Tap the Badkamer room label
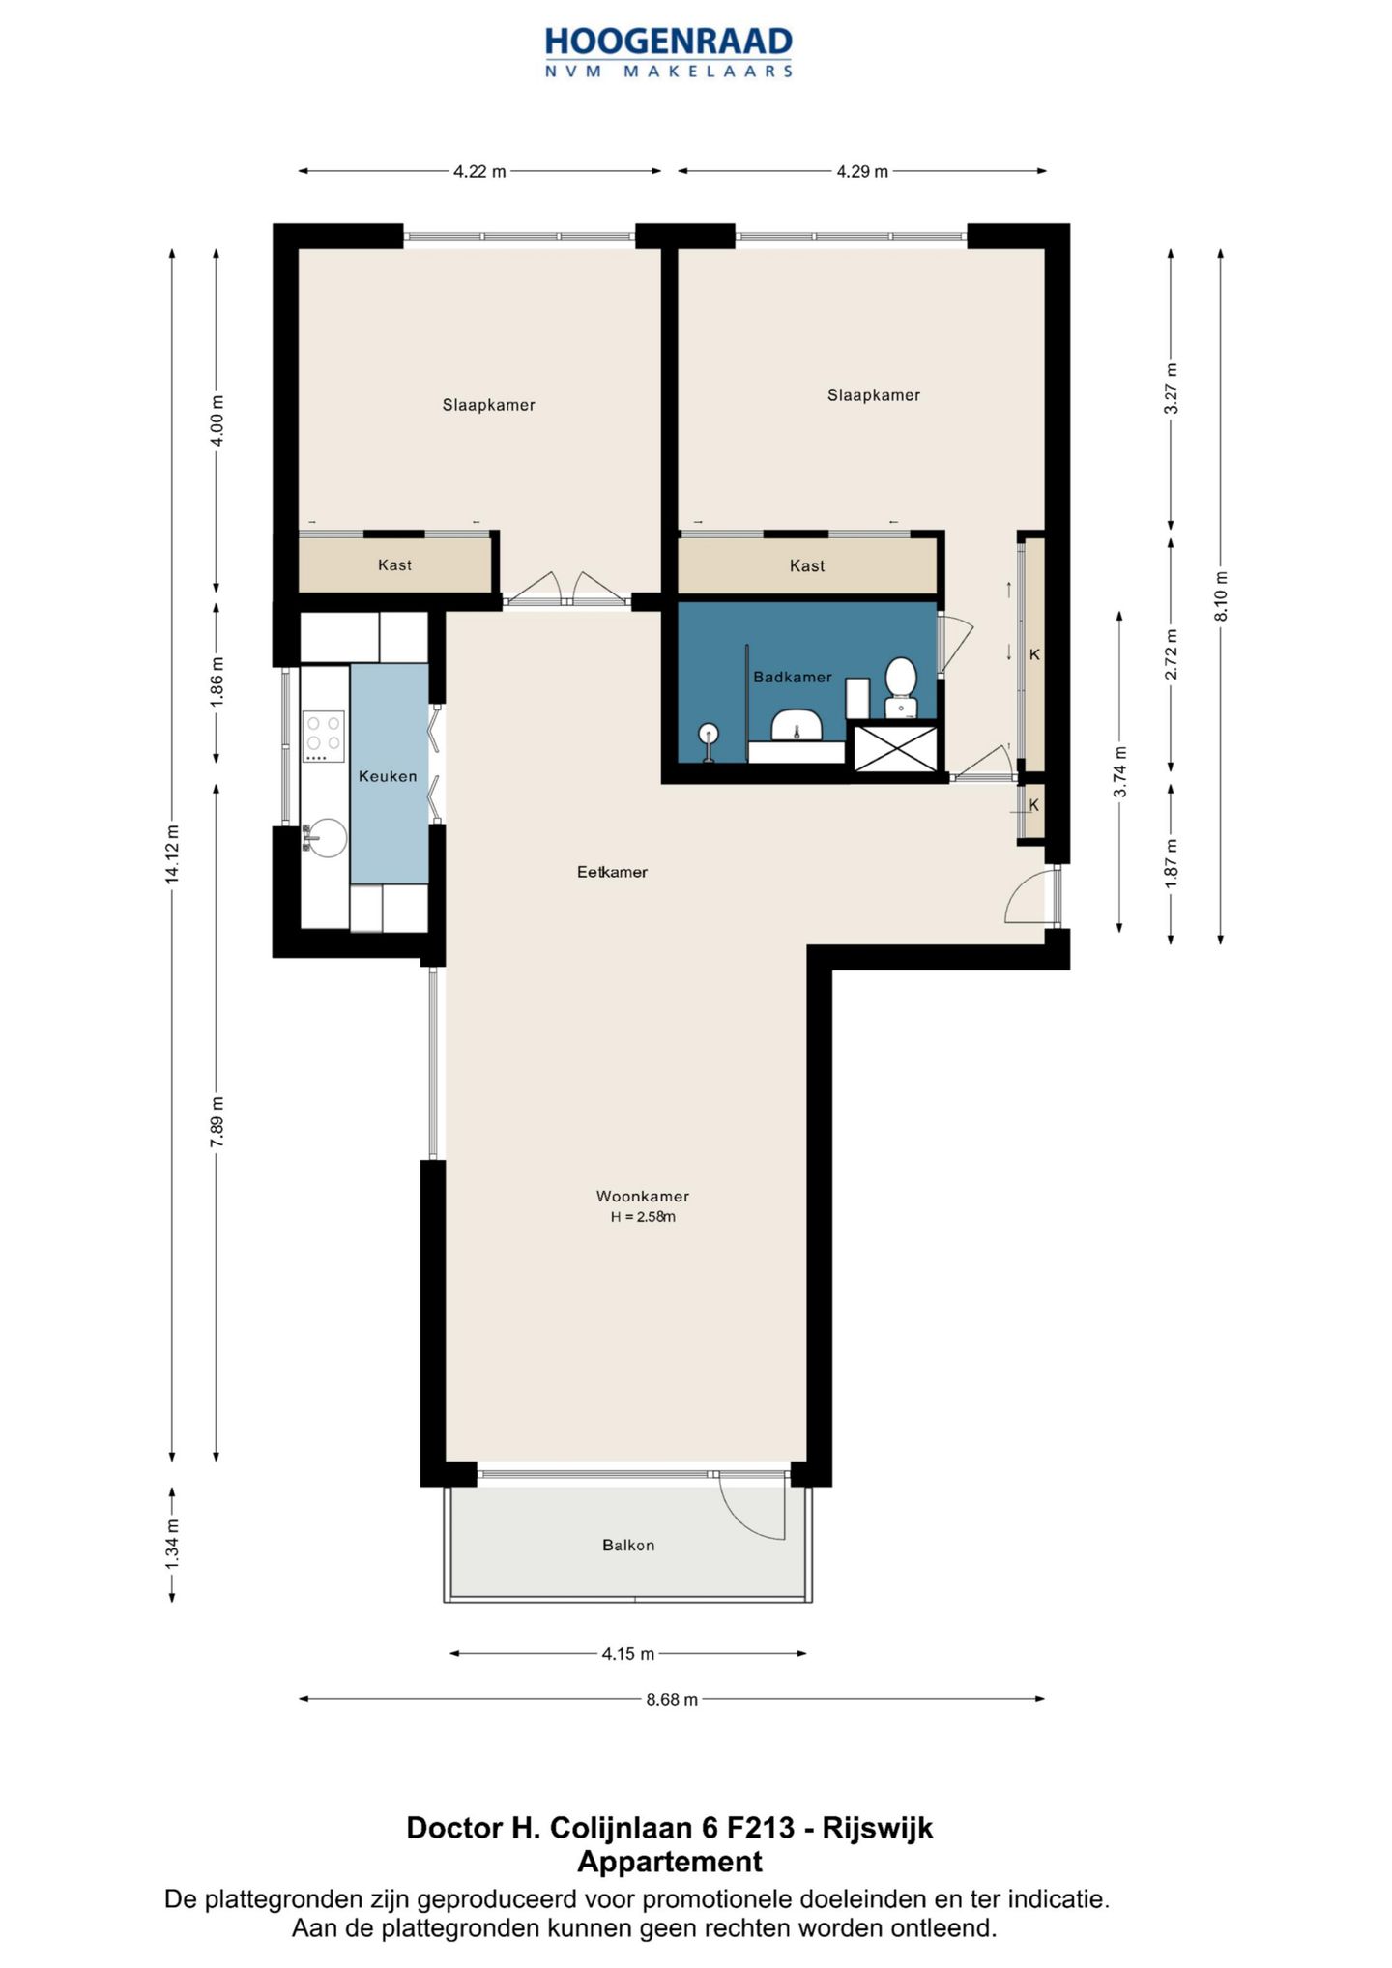793,678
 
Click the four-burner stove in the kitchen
324,736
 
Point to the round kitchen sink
326,838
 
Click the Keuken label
388,776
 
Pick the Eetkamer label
612,872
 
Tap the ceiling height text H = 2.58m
643,1217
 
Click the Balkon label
628,1546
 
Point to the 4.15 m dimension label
628,1654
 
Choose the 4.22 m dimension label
479,172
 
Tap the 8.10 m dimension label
1221,595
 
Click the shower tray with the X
895,748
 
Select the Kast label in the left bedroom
394,565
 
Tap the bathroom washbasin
797,723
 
